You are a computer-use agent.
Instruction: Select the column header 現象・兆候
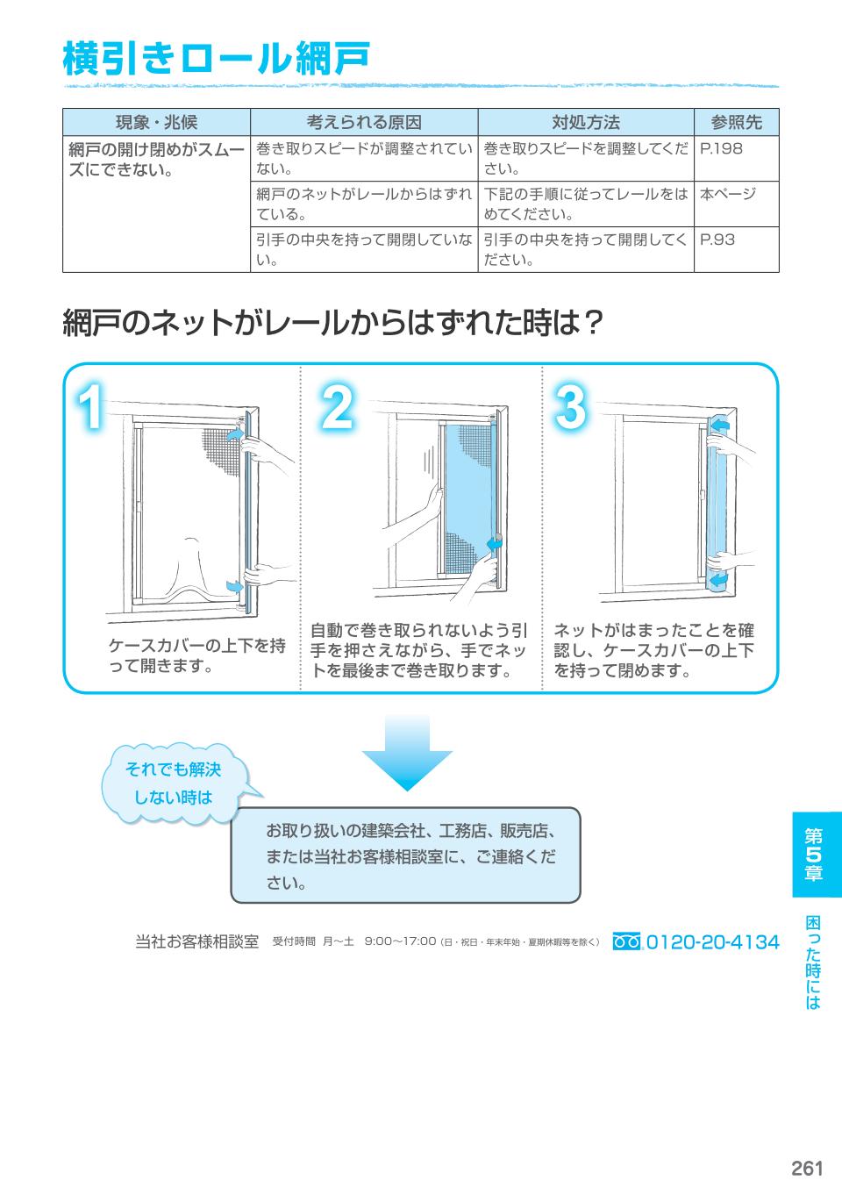tap(156, 122)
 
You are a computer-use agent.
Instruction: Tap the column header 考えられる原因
tap(363, 122)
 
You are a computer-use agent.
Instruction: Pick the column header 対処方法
tap(585, 122)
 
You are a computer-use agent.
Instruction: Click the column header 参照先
tap(736, 122)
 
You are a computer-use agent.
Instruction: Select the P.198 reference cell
tap(721, 149)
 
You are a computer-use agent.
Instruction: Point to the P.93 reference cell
tap(717, 240)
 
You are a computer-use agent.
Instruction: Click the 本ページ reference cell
tap(727, 194)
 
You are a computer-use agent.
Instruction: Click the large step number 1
tap(91, 409)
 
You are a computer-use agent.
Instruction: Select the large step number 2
tap(336, 409)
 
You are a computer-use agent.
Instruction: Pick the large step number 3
tap(570, 409)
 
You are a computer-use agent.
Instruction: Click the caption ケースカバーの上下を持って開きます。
tap(196, 655)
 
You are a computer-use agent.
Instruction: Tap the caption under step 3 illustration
tap(653, 650)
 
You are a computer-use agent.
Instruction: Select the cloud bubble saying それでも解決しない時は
tap(173, 784)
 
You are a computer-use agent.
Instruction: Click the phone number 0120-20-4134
tap(712, 942)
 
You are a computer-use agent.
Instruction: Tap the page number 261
tap(806, 1168)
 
